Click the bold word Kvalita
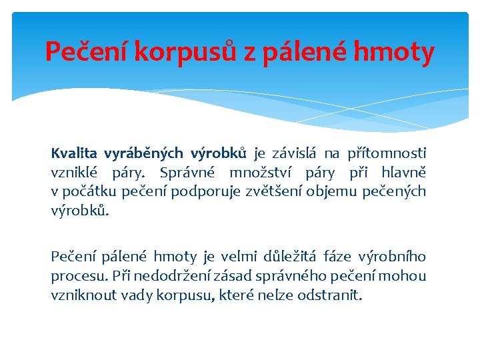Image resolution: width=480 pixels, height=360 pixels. point(73,154)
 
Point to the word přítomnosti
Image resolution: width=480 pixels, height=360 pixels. point(387,154)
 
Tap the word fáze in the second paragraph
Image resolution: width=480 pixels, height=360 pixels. point(338,257)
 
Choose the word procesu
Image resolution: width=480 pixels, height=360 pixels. point(73,276)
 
